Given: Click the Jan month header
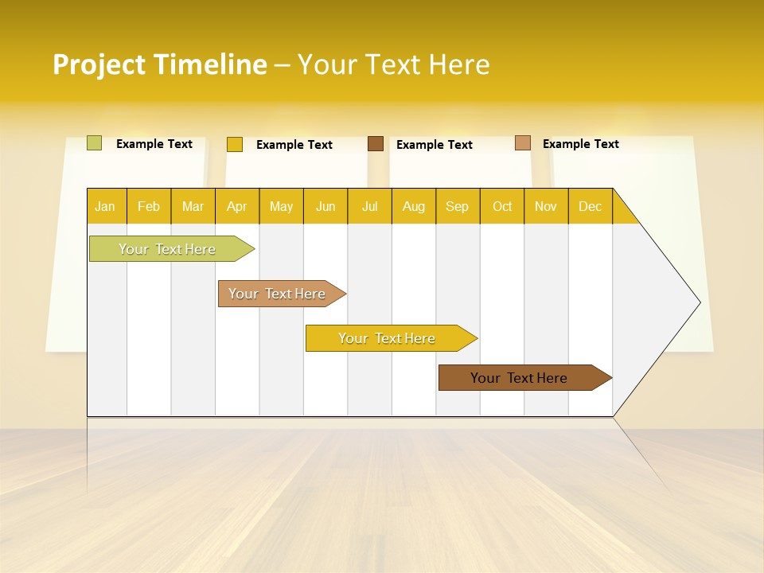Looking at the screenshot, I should [x=106, y=206].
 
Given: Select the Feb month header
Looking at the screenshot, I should [x=149, y=206].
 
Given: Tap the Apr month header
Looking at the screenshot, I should [x=237, y=206].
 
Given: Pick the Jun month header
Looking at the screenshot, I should [x=325, y=206].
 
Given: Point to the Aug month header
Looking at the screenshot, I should [x=414, y=206].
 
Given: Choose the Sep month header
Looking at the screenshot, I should [x=458, y=206].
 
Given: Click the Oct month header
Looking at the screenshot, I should [x=502, y=206].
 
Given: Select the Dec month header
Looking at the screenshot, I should [x=591, y=206].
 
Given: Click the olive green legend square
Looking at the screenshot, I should [x=94, y=143].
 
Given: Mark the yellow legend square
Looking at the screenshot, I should [x=234, y=144].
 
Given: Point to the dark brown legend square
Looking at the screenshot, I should [x=376, y=143].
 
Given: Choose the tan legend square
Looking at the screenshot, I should [x=522, y=143].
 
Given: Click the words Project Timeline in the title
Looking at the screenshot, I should [x=159, y=64].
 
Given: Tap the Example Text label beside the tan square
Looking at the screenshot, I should [x=580, y=144].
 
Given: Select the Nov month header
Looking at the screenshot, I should [x=546, y=206].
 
